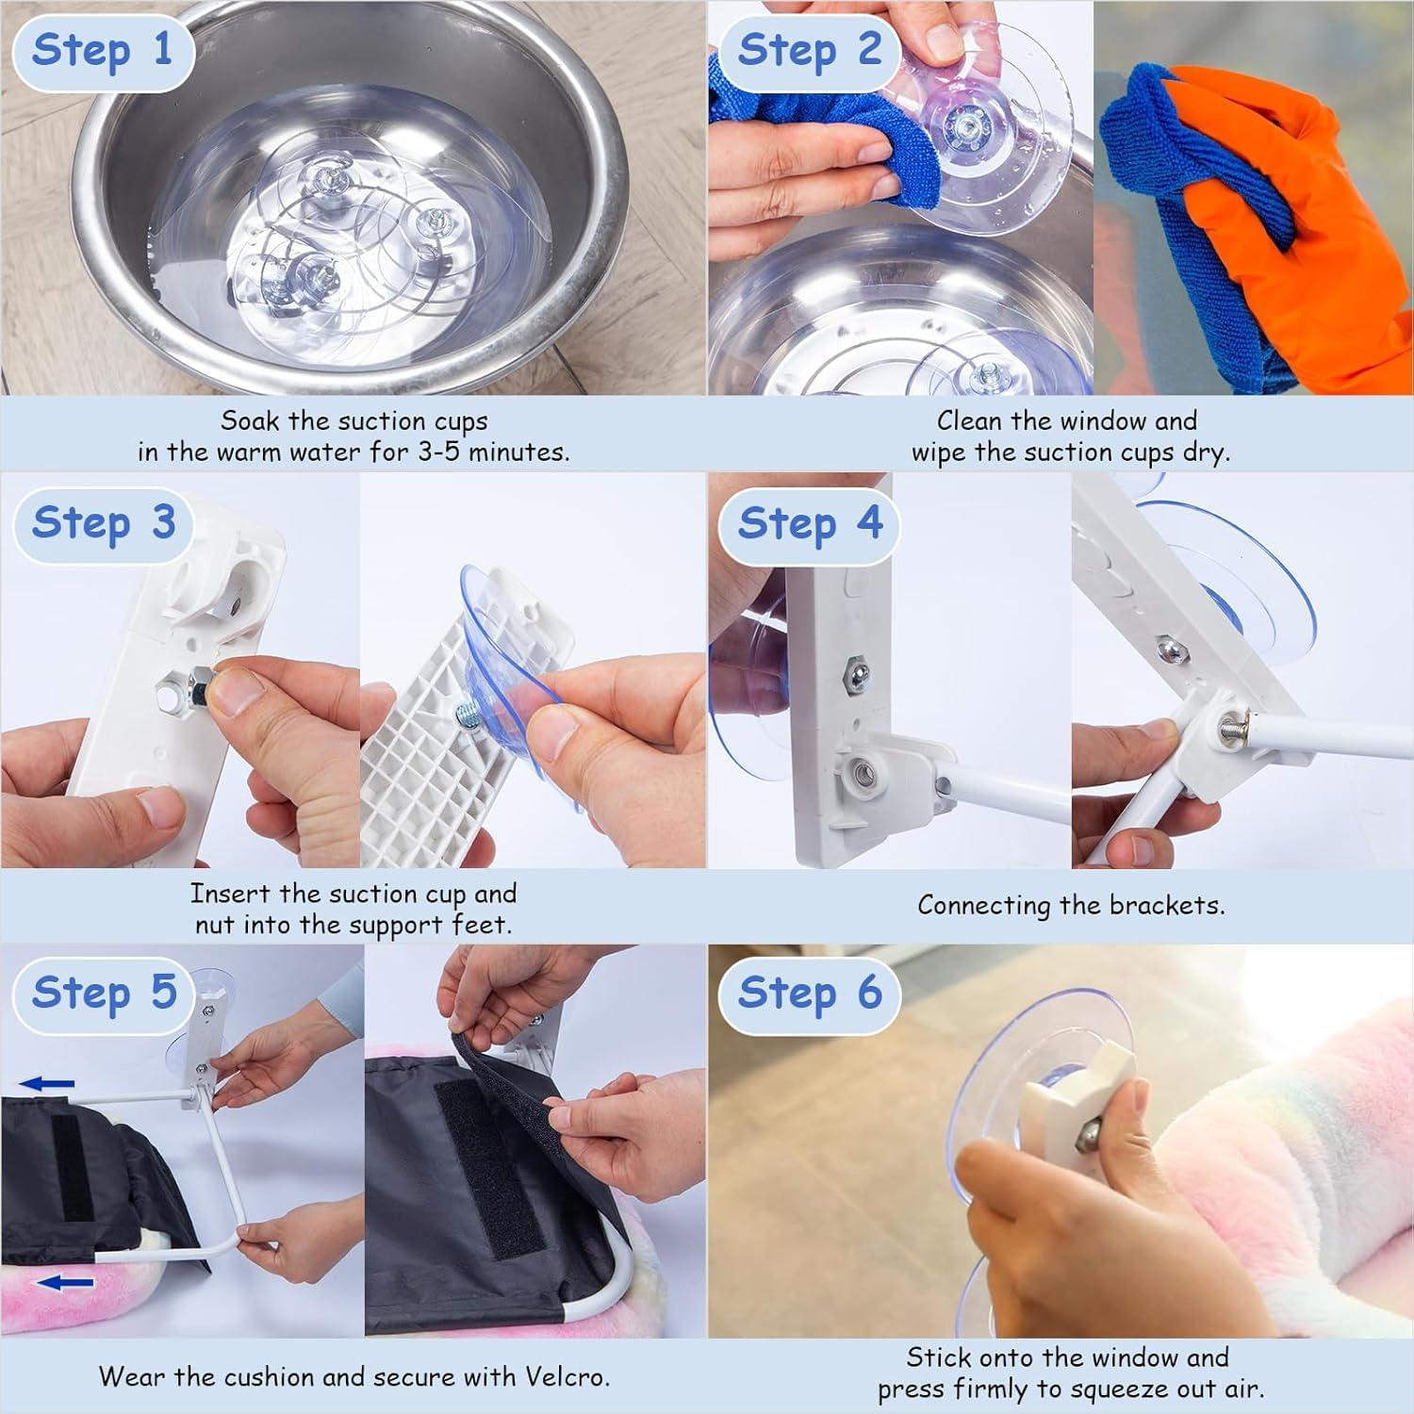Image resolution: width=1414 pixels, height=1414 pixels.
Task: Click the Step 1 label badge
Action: tap(103, 50)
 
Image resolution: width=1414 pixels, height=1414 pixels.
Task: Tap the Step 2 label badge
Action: tap(809, 50)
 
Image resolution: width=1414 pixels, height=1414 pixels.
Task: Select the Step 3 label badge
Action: tap(103, 523)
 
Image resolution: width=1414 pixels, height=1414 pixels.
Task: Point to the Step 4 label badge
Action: tap(809, 523)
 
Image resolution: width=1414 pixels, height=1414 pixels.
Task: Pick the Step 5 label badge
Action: tap(103, 993)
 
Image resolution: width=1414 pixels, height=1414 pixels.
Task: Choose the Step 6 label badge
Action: tap(809, 993)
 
